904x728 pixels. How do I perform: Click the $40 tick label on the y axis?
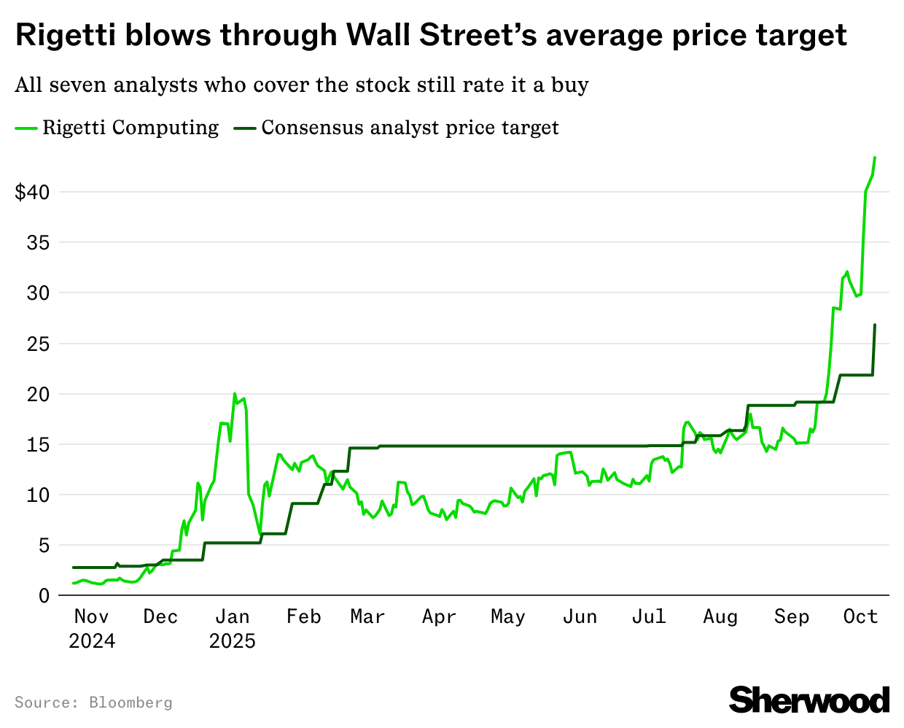point(32,193)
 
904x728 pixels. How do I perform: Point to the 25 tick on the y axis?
point(38,344)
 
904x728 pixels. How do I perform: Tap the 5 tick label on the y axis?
point(44,546)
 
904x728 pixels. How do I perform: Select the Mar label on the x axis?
point(367,617)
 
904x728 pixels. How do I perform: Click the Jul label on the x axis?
point(649,617)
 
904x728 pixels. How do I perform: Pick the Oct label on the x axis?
point(860,617)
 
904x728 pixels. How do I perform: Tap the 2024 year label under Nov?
point(92,641)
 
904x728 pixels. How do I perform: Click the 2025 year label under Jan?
point(233,641)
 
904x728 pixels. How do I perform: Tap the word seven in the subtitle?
point(77,85)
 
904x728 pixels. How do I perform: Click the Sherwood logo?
point(809,700)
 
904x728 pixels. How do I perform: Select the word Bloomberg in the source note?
point(130,702)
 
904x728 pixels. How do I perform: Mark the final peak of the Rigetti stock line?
point(875,158)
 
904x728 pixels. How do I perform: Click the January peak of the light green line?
point(235,394)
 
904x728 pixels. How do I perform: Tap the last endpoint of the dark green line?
point(875,325)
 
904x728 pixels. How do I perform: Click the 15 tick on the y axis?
point(38,445)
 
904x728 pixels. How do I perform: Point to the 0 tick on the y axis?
point(44,596)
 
